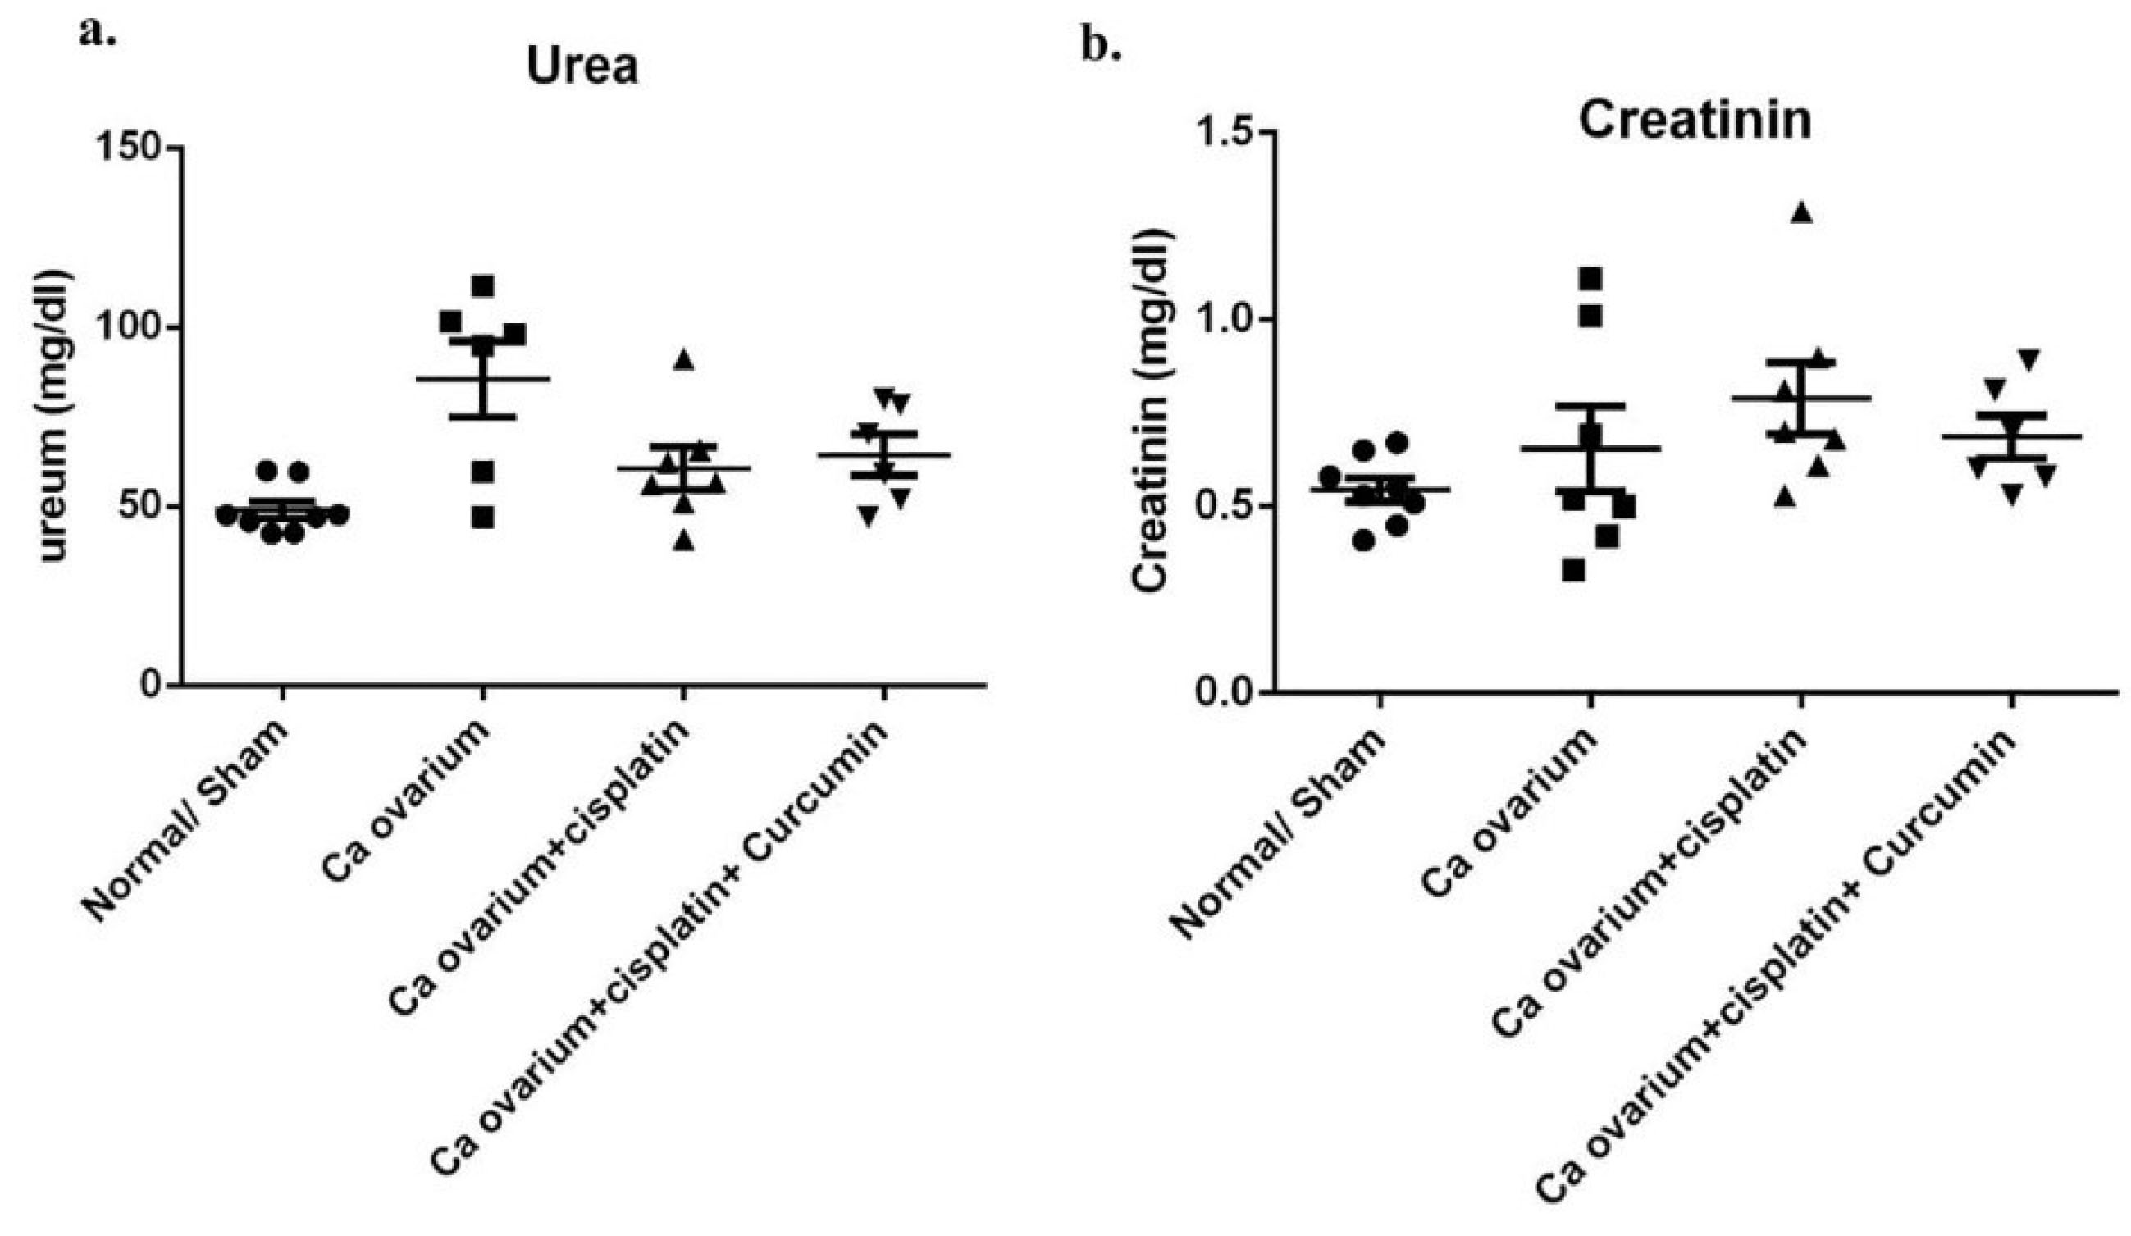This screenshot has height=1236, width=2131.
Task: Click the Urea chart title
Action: pos(582,66)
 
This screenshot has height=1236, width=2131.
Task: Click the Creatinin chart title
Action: pos(1695,121)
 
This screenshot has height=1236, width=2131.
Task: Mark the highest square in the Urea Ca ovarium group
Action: pos(483,285)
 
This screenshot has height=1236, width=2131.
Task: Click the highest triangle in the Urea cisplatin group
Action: pos(683,360)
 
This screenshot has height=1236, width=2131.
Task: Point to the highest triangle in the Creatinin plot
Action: pos(1801,213)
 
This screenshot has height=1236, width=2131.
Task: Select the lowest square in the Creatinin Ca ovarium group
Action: pos(1573,571)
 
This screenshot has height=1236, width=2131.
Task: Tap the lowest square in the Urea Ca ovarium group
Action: pos(483,518)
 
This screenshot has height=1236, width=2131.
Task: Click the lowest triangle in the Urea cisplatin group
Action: pos(683,541)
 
